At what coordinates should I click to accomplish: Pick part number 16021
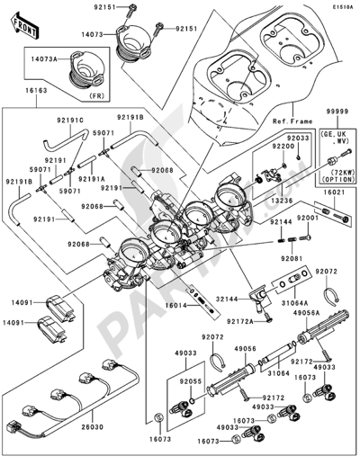click(336, 192)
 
